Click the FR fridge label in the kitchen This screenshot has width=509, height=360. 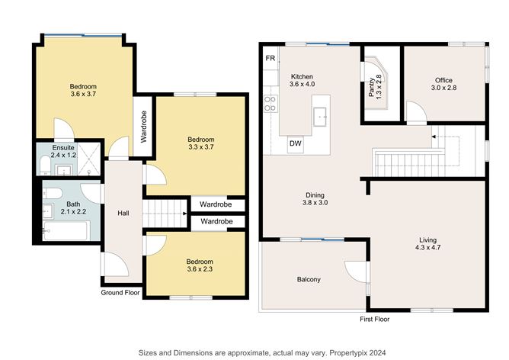[270, 58]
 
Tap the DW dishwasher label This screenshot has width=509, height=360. [296, 143]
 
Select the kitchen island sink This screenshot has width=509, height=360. [320, 117]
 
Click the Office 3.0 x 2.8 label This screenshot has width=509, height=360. [443, 84]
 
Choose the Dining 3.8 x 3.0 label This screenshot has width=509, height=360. [315, 199]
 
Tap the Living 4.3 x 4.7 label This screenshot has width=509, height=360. [427, 243]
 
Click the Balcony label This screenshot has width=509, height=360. [309, 279]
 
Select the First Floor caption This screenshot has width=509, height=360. [375, 319]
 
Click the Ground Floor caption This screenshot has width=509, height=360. [120, 292]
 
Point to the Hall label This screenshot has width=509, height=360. [123, 213]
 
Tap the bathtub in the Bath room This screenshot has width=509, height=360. [66, 231]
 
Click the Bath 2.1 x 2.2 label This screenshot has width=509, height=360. [73, 207]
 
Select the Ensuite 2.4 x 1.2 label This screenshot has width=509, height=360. [63, 152]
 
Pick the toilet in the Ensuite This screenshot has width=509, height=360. [45, 164]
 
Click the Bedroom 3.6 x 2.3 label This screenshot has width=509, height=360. [200, 265]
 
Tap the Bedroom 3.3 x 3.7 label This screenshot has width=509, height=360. [201, 143]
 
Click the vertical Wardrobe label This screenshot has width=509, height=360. [144, 127]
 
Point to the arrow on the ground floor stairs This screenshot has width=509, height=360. [184, 214]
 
